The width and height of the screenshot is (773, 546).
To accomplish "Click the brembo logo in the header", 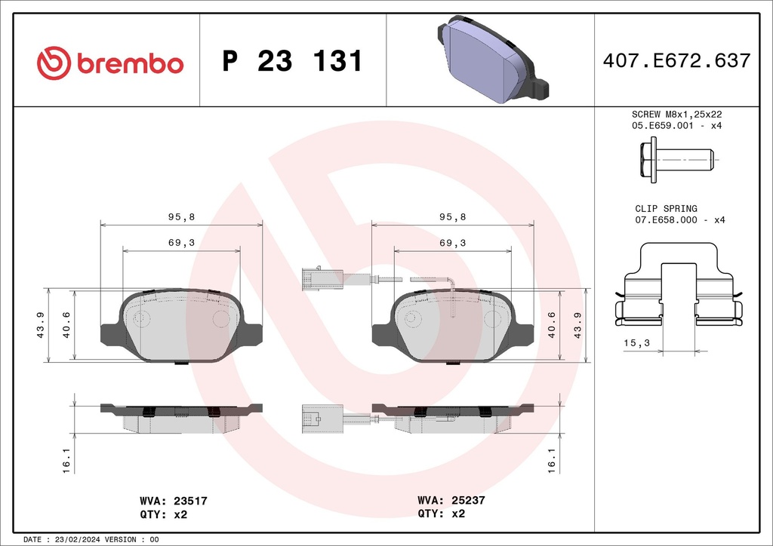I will pos(110,62).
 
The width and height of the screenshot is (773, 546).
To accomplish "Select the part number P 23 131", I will pos(292,62).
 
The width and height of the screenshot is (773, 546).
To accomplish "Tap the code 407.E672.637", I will pos(676,61).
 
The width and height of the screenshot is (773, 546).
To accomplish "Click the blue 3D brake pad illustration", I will pos(491,60).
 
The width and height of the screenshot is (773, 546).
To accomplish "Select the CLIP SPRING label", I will pos(666,208).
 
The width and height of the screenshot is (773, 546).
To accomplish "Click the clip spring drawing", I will pos(677,287).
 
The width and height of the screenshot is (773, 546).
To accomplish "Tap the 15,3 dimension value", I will pos(636,343).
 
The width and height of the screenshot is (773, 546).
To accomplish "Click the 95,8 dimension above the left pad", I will pos(181,216).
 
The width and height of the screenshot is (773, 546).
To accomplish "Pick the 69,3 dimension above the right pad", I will pos(452,243).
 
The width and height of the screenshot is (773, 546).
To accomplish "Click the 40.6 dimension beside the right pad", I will pos(553,325).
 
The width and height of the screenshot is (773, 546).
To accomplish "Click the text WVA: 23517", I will pos(174,500).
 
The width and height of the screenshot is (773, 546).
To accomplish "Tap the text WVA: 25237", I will pos(451,500).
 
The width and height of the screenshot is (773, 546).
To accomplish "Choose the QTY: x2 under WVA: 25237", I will pos(442,514).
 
